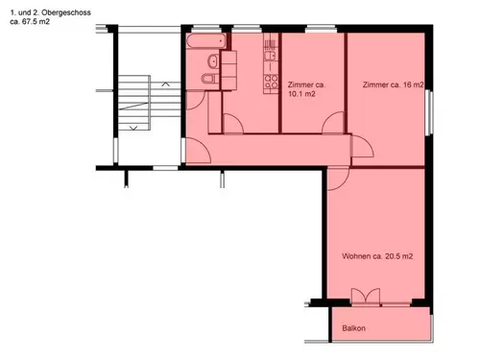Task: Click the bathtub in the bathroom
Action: pyautogui.click(x=206, y=41)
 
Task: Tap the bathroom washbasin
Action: pyautogui.click(x=213, y=60)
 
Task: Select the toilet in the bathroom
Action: pyautogui.click(x=209, y=78)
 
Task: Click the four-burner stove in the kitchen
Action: pyautogui.click(x=271, y=82)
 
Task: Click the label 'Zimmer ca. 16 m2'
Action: pyautogui.click(x=393, y=84)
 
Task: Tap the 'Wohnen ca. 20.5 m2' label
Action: pyautogui.click(x=377, y=256)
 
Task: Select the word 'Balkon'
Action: pyautogui.click(x=353, y=328)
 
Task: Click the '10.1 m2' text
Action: pyautogui.click(x=301, y=94)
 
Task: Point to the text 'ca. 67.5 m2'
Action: pyautogui.click(x=30, y=22)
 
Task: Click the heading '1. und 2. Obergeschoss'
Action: pyautogui.click(x=50, y=12)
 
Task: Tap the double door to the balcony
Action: pyautogui.click(x=366, y=296)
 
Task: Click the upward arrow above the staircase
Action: pyautogui.click(x=165, y=84)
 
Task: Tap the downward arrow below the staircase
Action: pyautogui.click(x=133, y=128)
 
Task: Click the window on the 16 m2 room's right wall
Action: pyautogui.click(x=429, y=112)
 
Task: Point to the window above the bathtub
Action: pyautogui.click(x=206, y=29)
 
